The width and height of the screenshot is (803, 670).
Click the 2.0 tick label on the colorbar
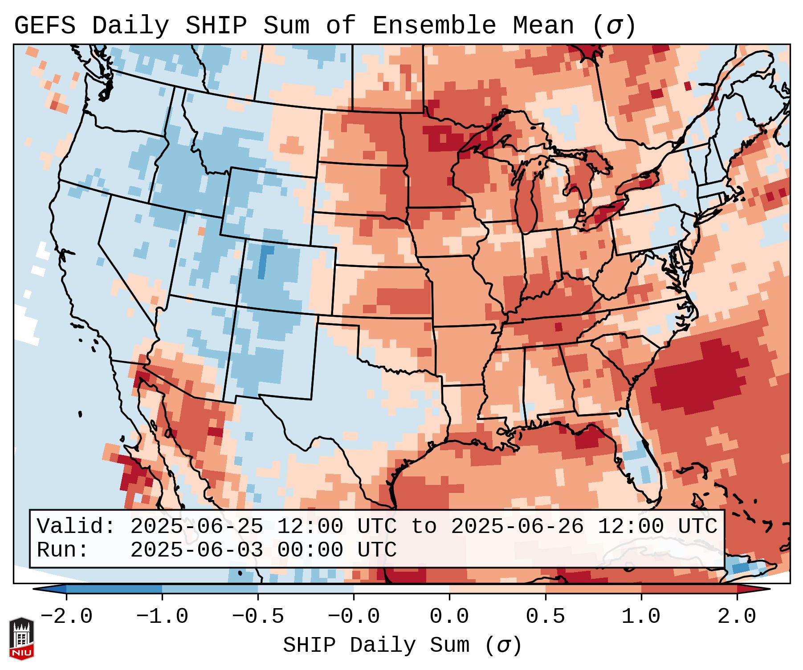[737, 617]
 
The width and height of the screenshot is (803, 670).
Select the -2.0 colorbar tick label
[66, 617]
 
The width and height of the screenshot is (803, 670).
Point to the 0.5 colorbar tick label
[545, 617]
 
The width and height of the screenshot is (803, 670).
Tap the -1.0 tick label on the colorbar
[162, 617]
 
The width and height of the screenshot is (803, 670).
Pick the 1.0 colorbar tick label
[641, 617]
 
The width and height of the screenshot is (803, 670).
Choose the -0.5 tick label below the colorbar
[258, 617]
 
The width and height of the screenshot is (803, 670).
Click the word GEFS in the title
[45, 26]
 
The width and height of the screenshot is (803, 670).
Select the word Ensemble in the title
[434, 26]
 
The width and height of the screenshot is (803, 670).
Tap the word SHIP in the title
[216, 26]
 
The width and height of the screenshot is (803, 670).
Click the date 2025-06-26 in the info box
[517, 526]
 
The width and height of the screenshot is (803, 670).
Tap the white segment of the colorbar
[401, 589]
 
